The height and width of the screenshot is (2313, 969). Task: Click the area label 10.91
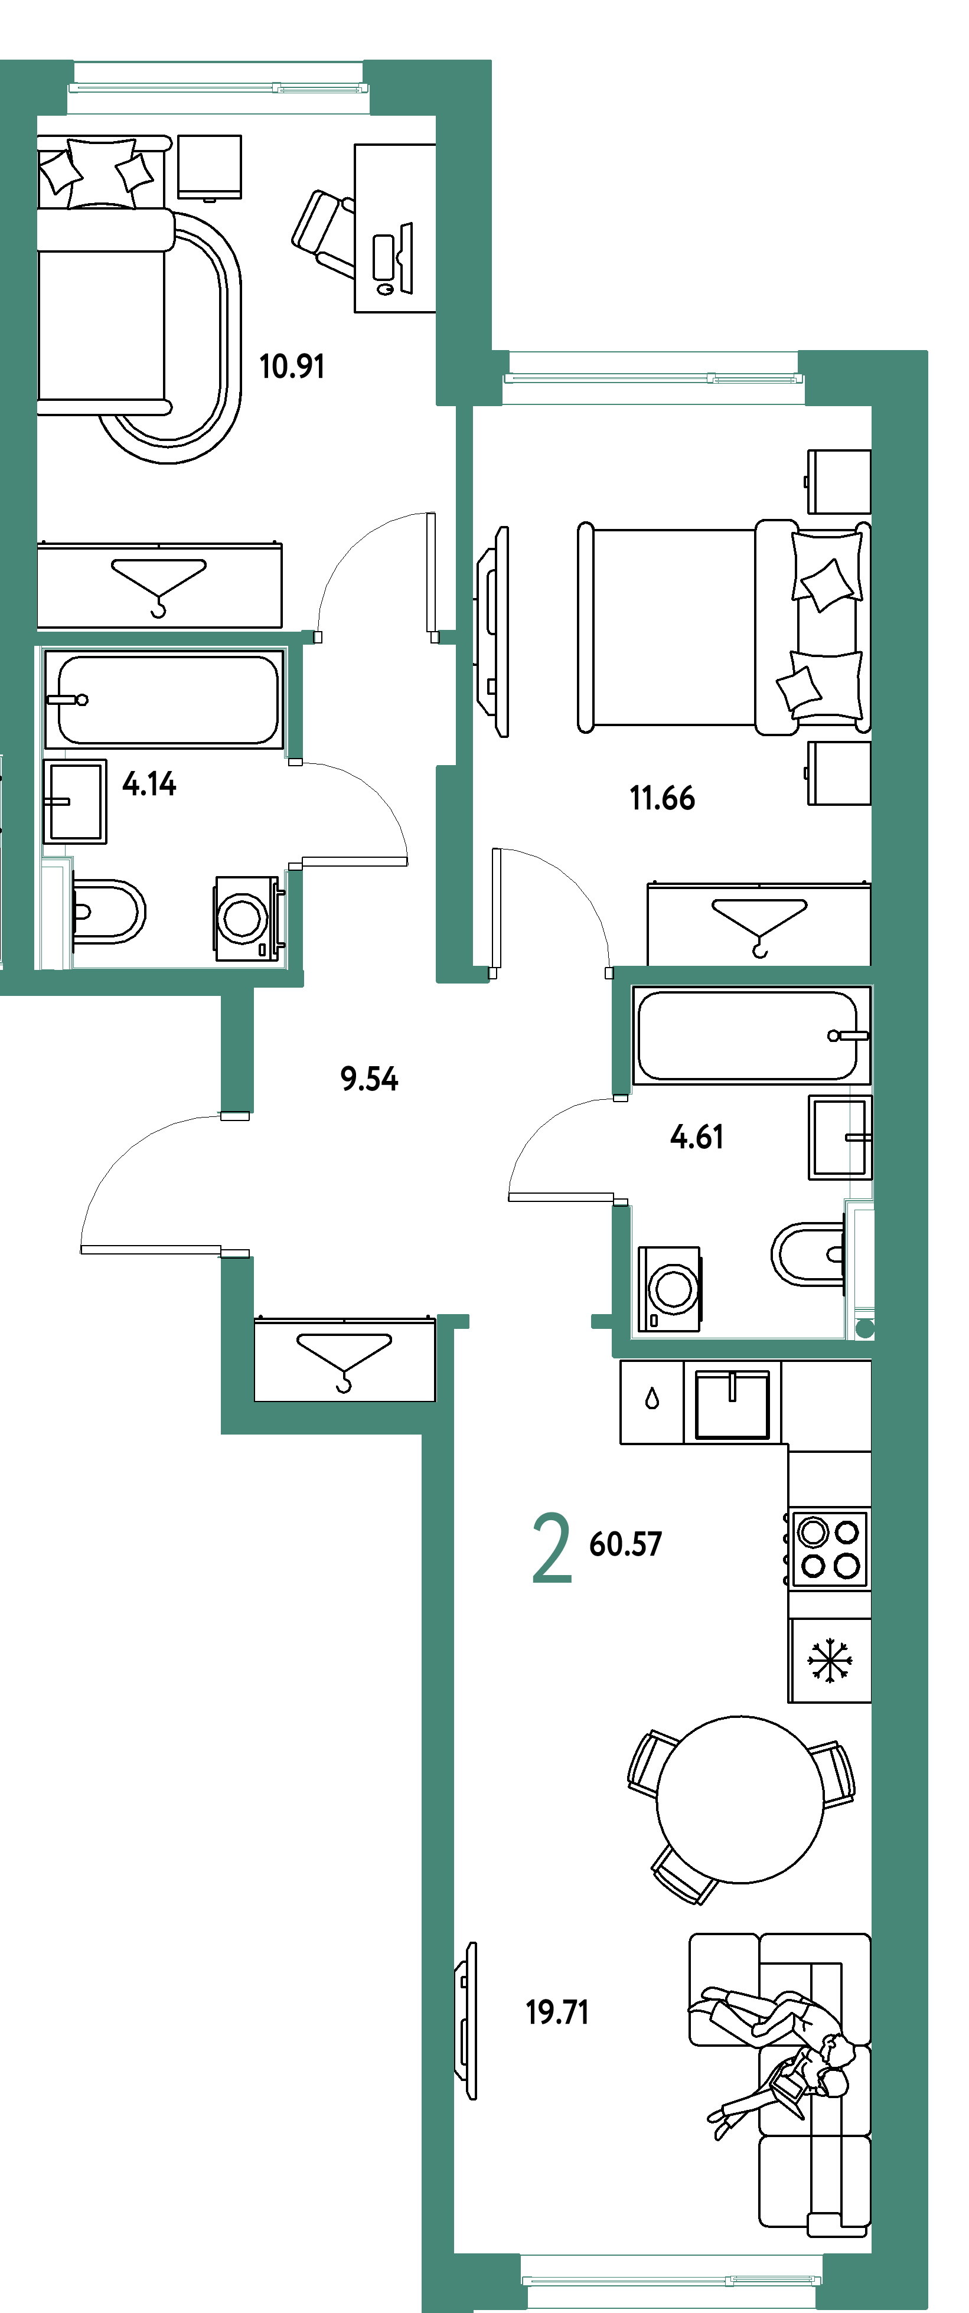pos(291,367)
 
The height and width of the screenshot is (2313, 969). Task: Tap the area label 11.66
pos(663,798)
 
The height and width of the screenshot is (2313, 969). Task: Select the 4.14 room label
pos(149,784)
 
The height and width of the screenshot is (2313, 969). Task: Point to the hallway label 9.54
pos(368,1077)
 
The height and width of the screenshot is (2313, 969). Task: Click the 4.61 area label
pos(696,1137)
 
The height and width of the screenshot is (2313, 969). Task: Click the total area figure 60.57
pos(625,1544)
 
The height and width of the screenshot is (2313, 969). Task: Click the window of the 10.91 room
pos(218,87)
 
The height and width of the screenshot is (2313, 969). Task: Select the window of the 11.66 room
pos(653,377)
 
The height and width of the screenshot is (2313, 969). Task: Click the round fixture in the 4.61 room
pos(864,1329)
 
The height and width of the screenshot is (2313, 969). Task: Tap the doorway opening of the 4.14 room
pos(293,814)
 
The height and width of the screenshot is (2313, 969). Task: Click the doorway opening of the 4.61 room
pos(621,1149)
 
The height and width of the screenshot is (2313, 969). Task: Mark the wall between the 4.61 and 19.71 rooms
pos(742,1348)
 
